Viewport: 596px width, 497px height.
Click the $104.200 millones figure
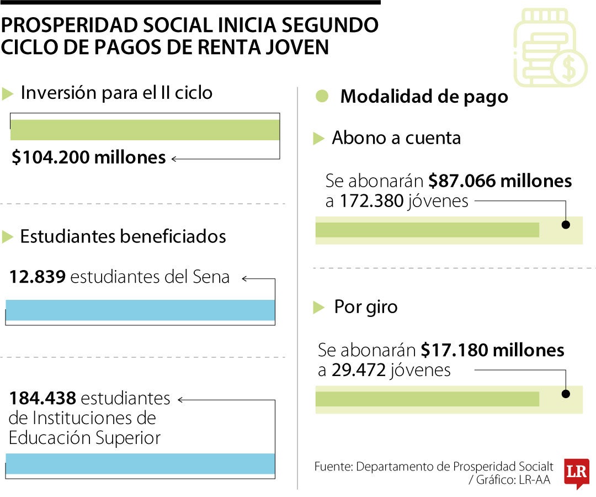88,158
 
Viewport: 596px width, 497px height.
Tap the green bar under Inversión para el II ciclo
145,130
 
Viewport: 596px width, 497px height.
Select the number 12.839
38,276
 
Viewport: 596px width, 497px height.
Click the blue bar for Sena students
140,310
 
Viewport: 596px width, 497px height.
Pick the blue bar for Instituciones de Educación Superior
140,464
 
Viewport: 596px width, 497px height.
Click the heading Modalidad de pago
424,97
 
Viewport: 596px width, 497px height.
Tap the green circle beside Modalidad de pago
322,96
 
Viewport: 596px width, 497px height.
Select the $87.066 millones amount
500,181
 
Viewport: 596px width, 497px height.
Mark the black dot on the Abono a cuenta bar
566,225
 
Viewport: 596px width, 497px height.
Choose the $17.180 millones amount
492,350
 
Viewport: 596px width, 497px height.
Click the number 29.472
358,370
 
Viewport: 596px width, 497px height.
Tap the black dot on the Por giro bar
566,394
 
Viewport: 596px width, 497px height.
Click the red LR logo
576,472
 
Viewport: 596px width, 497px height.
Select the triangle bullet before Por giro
318,308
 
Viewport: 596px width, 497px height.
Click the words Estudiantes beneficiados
123,236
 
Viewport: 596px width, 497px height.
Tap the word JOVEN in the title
300,46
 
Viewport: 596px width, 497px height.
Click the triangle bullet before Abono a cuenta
318,139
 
